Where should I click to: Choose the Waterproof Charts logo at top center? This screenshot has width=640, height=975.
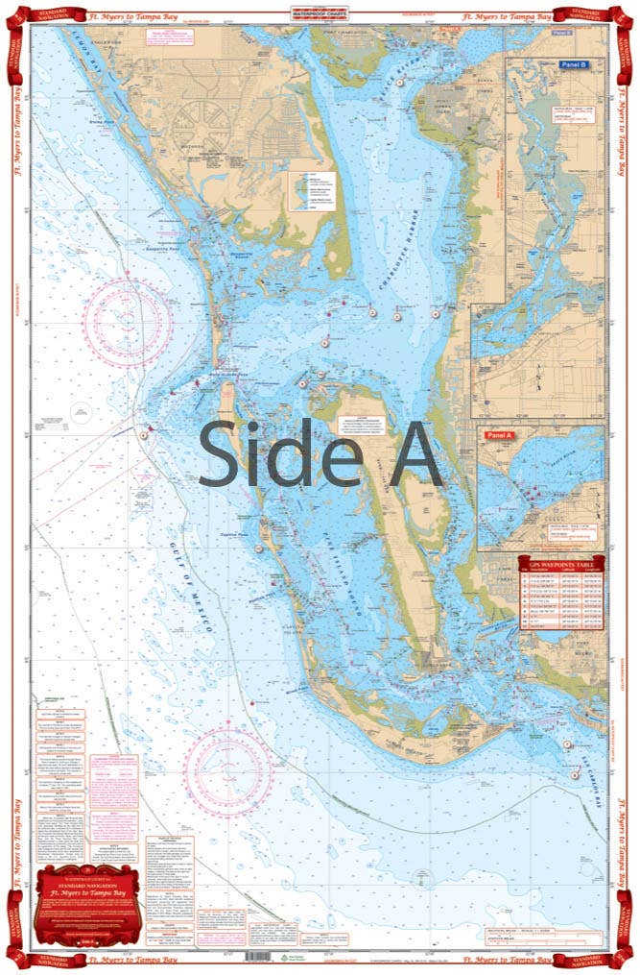tap(319, 13)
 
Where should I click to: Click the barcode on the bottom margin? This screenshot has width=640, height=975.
tap(261, 957)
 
